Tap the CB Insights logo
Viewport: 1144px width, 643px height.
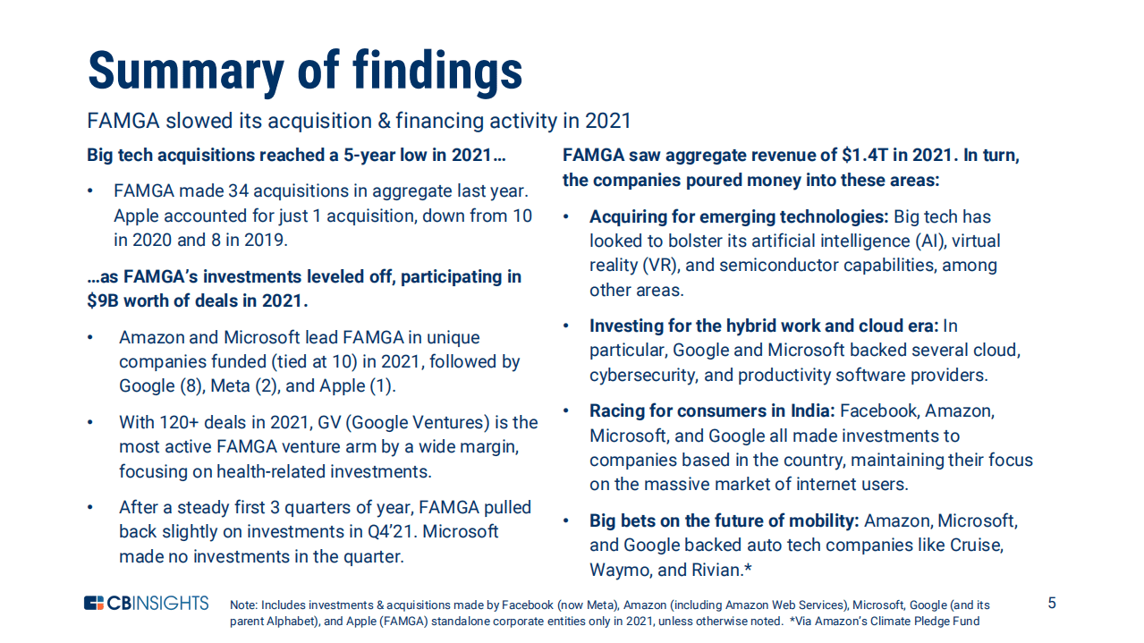click(x=147, y=603)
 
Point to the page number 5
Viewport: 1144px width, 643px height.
click(x=1052, y=603)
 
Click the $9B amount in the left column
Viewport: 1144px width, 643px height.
click(x=104, y=300)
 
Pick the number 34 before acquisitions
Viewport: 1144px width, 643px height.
click(x=239, y=191)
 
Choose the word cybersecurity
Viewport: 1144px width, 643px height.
click(x=645, y=375)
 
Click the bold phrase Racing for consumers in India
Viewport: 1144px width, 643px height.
click(x=712, y=411)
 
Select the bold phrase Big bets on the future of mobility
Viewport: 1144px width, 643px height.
click(x=725, y=520)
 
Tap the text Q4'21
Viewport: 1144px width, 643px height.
click(x=375, y=531)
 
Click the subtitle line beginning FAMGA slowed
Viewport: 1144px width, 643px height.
click(x=359, y=121)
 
